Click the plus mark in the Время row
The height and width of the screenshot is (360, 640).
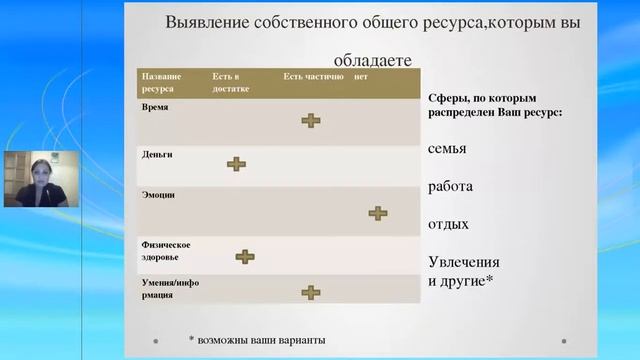tap(311, 120)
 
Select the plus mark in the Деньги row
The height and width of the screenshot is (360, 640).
tap(236, 163)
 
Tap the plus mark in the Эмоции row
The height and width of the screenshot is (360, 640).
tap(377, 212)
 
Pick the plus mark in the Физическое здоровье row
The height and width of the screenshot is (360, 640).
tap(245, 256)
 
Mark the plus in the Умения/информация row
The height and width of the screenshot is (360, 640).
tap(311, 292)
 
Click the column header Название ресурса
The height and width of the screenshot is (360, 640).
tap(162, 82)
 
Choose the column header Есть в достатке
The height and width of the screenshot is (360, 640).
tap(231, 82)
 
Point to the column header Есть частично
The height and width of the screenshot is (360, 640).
tap(313, 76)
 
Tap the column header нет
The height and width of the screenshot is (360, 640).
tap(362, 76)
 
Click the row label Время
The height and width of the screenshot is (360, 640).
tap(155, 107)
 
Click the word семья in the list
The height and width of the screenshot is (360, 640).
tap(447, 149)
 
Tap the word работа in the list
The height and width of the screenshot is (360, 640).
tap(450, 187)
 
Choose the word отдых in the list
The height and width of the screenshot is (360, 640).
tap(448, 224)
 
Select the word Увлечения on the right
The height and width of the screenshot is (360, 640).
tap(464, 262)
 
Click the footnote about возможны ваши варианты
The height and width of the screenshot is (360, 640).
tap(257, 340)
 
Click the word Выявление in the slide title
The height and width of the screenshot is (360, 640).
tap(209, 21)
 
